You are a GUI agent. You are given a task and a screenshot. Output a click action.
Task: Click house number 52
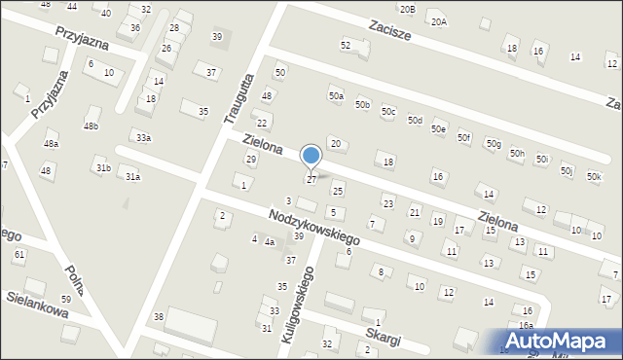point(345,45)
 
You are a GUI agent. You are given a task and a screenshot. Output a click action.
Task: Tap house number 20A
point(439,21)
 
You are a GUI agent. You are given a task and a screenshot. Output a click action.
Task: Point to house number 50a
point(336,96)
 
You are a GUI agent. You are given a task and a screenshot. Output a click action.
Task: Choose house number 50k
point(594,176)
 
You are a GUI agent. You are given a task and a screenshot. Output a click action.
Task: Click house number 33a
point(143,137)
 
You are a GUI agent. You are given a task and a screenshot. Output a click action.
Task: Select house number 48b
point(91,126)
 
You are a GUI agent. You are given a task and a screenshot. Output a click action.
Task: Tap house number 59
point(65,299)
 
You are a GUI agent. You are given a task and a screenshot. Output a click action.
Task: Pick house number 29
point(250,159)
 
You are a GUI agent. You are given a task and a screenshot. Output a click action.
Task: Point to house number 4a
point(269,242)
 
